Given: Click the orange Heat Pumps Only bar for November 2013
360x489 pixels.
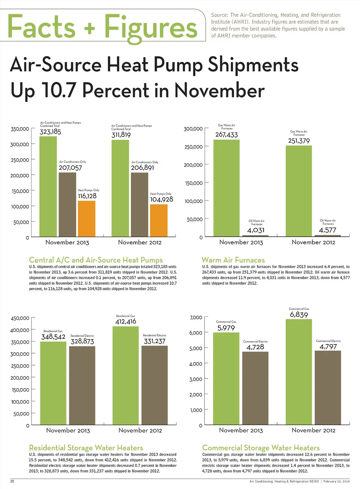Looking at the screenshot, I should tap(87, 218).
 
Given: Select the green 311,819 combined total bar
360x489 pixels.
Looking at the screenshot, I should tap(120, 188).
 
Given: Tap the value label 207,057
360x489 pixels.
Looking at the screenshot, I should tap(70, 168).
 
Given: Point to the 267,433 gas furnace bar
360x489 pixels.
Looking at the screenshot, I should tap(226, 188).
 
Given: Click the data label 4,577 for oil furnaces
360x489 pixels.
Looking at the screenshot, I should tap(327, 230).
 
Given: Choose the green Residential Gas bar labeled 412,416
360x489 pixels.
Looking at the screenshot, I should tap(126, 375).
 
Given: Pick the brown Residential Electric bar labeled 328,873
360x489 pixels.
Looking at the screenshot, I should tap(82, 385).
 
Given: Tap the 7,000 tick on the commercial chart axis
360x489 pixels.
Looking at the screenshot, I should tap(196, 317).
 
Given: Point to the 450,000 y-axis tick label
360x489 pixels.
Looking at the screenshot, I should tap(20, 318).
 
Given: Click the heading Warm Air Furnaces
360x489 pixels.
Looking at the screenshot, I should tap(233, 260).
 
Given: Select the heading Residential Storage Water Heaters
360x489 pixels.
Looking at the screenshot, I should tap(86, 448).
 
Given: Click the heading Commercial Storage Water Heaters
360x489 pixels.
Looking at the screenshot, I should tap(261, 448).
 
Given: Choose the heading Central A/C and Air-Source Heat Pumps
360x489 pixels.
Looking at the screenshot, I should tap(96, 260).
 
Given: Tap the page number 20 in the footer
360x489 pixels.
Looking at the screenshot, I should tap(12, 481).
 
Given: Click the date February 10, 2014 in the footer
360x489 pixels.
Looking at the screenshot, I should tap(336, 481).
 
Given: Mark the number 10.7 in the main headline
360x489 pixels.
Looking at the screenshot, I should tap(58, 91).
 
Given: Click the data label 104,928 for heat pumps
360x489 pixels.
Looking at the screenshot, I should tap(162, 199).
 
